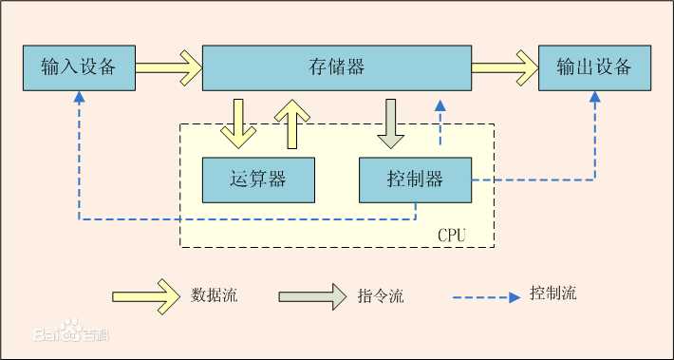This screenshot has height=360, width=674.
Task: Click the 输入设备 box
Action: coord(79,67)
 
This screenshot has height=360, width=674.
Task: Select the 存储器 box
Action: coord(337,67)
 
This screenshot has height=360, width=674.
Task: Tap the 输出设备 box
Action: coord(595,67)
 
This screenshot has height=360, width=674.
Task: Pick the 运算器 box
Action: coord(258,179)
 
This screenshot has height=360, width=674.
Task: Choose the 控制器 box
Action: coord(415,179)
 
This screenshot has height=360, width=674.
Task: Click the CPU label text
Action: coord(452,234)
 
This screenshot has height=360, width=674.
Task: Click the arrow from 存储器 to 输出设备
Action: coord(504,67)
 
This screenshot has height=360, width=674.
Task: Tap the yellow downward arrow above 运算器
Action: coord(237,122)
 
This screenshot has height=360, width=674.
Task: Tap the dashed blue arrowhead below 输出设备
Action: coord(595,97)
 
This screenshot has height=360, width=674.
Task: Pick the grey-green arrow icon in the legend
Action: coord(312,295)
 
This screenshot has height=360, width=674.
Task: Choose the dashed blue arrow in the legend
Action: coord(489,295)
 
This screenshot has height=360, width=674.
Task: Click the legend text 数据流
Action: coord(214,294)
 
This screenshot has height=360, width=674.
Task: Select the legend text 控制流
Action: coord(552,294)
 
